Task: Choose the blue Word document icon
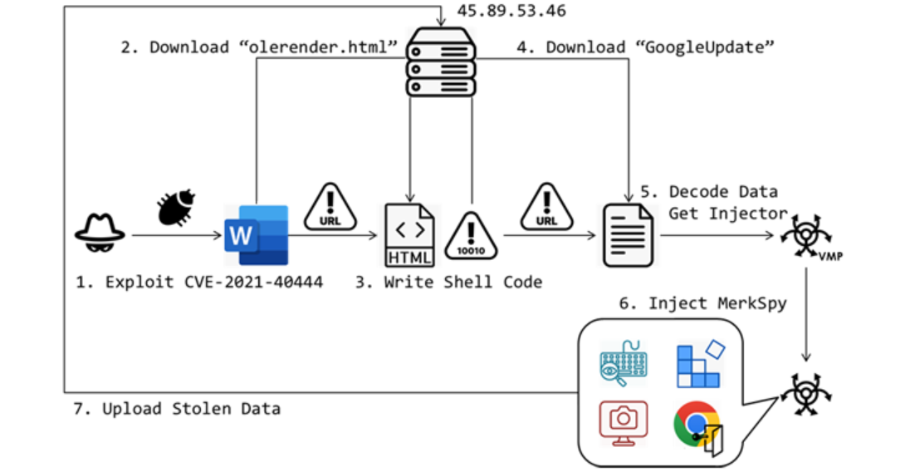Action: click(256, 234)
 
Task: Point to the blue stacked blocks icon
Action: click(697, 363)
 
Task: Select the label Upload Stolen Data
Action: click(191, 408)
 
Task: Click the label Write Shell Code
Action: click(462, 283)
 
